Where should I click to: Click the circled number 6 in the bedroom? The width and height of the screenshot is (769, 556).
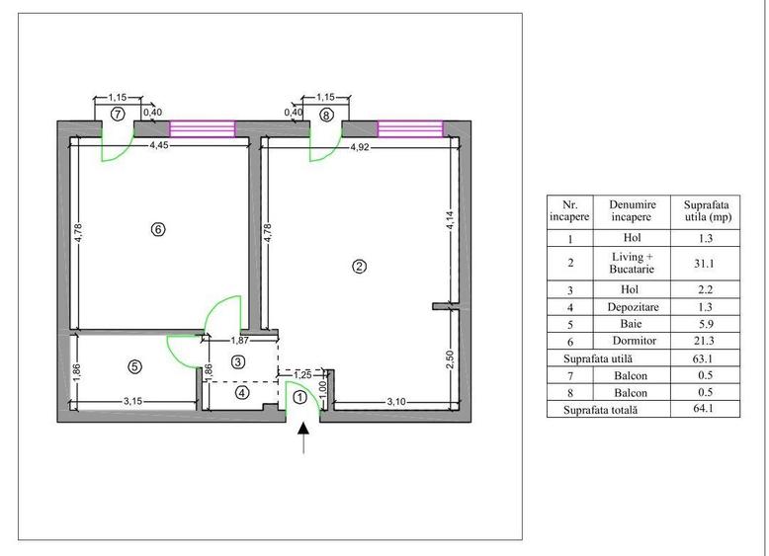158,229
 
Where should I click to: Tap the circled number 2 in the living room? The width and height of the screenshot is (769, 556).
360,267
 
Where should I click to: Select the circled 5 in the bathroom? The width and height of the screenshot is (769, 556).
134,366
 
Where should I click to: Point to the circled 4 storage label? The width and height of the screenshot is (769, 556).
242,392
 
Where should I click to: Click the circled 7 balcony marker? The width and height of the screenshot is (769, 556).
118,115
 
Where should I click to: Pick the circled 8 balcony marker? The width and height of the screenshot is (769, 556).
326,116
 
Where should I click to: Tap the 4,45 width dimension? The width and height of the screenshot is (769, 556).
159,145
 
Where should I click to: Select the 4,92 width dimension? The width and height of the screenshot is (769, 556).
360,147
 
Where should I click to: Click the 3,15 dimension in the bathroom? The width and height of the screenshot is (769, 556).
132,401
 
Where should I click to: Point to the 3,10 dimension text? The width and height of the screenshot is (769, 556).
396,402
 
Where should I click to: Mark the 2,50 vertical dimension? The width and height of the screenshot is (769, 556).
451,359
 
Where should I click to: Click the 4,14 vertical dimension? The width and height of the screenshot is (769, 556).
450,219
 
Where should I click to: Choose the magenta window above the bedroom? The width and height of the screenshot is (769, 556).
203,128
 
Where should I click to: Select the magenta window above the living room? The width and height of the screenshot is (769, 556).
410,128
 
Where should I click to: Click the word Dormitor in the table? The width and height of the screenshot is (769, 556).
635,341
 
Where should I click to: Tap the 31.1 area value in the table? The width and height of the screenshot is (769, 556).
704,264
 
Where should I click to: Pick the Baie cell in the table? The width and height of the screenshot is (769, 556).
631,324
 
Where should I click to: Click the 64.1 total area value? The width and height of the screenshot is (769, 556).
704,408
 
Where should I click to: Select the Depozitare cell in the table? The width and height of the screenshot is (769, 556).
634,307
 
